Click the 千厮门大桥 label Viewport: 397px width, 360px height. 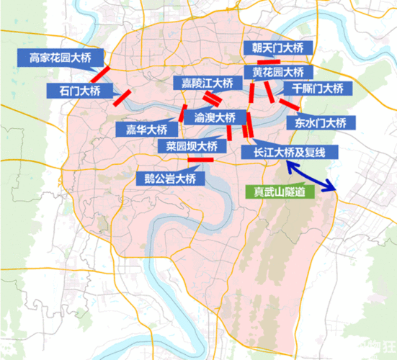[317, 89]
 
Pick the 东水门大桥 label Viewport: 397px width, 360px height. [321, 122]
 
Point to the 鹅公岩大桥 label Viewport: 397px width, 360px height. [169, 178]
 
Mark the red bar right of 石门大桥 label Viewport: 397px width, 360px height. [124, 96]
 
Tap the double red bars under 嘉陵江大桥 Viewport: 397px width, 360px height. [212, 99]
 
